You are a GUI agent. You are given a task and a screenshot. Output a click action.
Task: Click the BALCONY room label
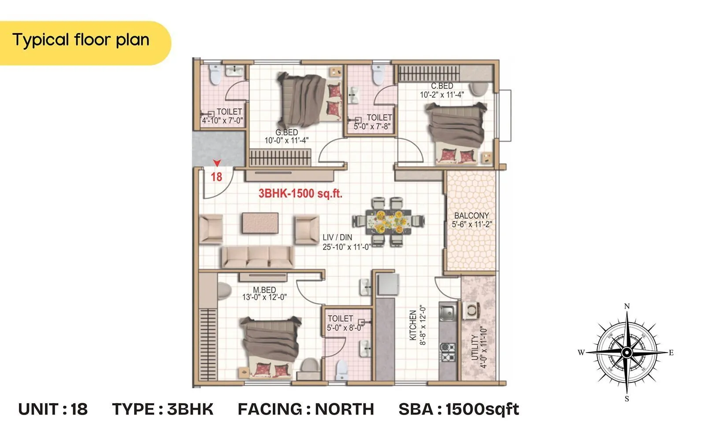pos(471,216)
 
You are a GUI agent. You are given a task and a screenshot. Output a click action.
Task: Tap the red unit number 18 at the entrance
pos(216,177)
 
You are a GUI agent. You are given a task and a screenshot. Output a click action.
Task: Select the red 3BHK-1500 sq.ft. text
pos(300,193)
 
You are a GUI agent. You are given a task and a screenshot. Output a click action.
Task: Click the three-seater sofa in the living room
pos(257,257)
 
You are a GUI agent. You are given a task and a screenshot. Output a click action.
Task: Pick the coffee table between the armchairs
pos(260,223)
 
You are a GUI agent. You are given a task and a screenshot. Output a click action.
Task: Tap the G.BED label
pos(287,132)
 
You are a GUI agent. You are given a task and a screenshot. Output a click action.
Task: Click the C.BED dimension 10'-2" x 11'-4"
pos(442,95)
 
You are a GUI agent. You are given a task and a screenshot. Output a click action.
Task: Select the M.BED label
pos(264,290)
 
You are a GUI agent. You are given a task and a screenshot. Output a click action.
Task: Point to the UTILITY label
pos(475,347)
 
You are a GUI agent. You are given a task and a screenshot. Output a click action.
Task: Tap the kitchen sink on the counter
pos(447,312)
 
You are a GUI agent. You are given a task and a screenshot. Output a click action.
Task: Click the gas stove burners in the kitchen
pos(448,352)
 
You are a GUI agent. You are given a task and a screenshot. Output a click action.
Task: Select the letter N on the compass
pos(627,306)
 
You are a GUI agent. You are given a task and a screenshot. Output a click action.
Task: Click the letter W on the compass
pos(581,353)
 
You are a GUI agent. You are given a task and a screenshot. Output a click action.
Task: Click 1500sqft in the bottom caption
pos(482,409)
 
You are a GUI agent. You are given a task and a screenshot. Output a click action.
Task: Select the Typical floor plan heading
pos(81,40)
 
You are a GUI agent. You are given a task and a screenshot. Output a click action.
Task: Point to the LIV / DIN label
pos(337,238)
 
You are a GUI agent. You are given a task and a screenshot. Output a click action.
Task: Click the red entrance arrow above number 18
pos(217,163)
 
